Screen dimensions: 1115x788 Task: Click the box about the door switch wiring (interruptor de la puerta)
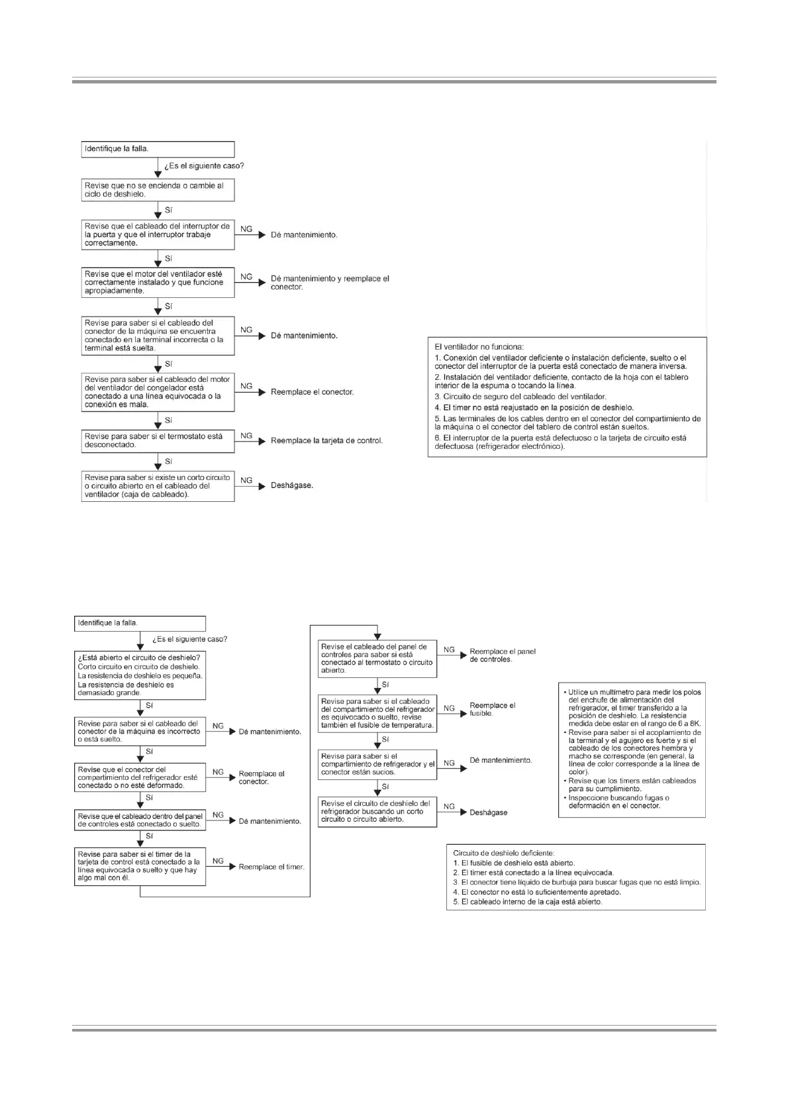coord(158,235)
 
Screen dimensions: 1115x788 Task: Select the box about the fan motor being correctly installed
coord(158,283)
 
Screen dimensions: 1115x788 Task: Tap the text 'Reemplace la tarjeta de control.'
coord(326,440)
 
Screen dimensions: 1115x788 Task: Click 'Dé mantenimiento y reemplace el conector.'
coord(330,283)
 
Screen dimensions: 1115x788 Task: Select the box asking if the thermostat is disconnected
coord(158,441)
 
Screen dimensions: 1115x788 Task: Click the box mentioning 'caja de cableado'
coord(158,486)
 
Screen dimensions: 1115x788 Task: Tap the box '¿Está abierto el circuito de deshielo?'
coord(140,675)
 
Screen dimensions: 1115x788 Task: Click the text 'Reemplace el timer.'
coord(271,867)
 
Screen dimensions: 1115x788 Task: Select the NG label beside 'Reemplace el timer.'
coord(218,861)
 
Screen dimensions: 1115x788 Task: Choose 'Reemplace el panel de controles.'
coord(503,655)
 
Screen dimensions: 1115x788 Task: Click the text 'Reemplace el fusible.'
coord(492,709)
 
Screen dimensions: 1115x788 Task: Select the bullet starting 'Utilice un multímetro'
coord(633,708)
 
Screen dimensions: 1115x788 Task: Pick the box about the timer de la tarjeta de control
coord(140,867)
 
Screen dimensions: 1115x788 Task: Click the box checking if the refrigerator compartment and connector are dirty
coord(377,764)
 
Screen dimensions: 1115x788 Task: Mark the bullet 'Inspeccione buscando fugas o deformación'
coord(618,802)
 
